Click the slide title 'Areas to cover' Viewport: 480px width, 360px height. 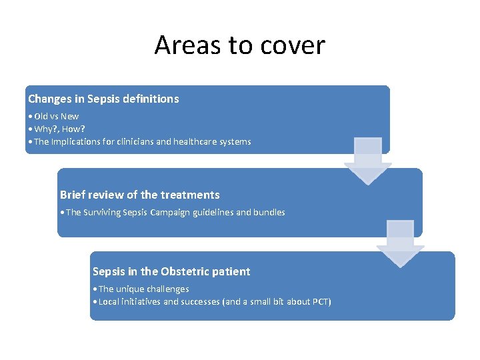pyautogui.click(x=239, y=45)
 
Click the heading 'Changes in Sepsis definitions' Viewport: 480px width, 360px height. pyautogui.click(x=103, y=99)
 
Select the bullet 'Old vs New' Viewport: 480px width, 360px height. pyautogui.click(x=56, y=117)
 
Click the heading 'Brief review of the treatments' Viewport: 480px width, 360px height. pyautogui.click(x=139, y=195)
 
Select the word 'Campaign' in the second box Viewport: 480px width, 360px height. pyautogui.click(x=173, y=212)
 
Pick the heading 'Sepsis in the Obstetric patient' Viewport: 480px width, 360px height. pyautogui.click(x=171, y=271)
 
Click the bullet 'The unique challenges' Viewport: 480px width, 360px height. pyautogui.click(x=143, y=289)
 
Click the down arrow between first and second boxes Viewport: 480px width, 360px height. pyautogui.click(x=367, y=161)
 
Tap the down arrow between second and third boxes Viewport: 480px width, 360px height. pyautogui.click(x=400, y=244)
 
